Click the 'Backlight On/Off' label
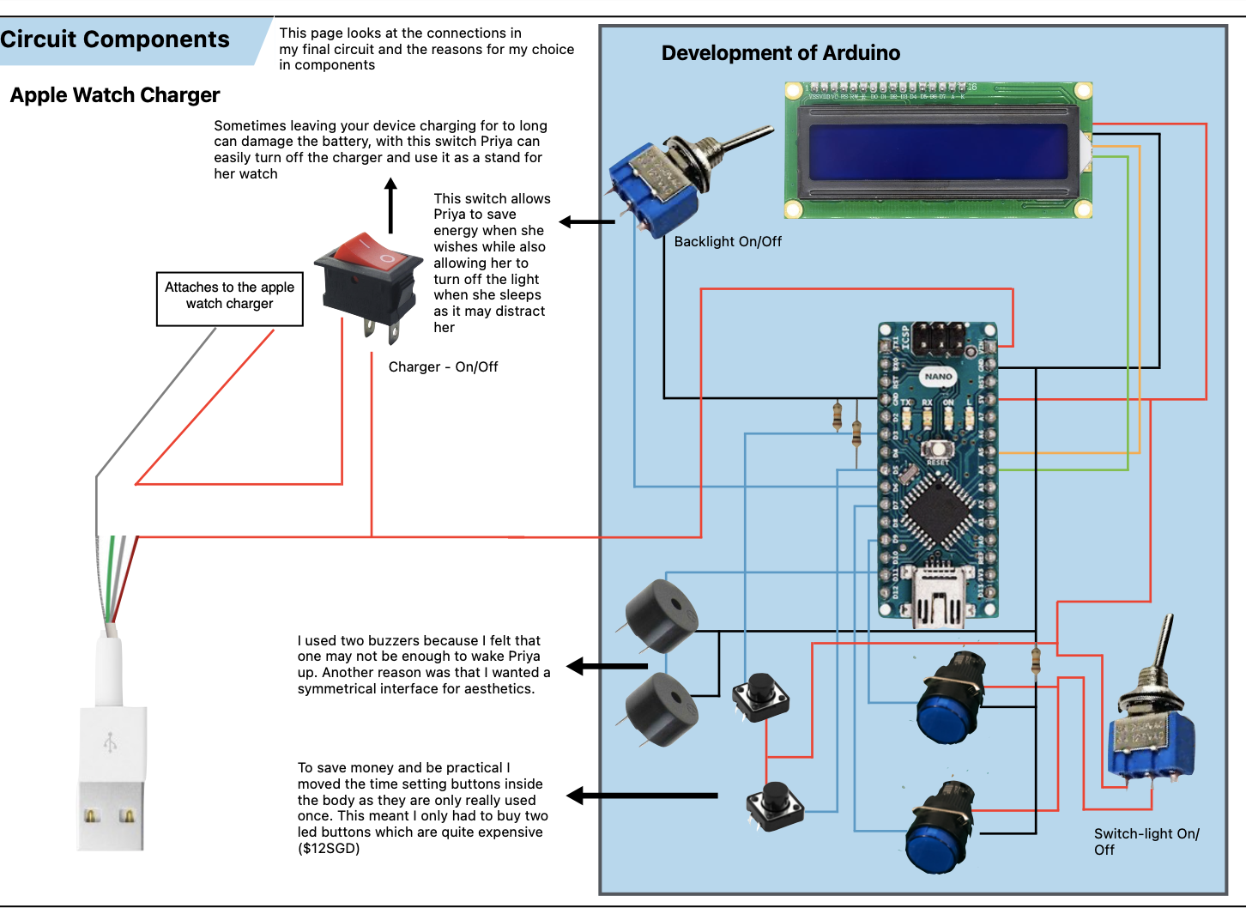728,242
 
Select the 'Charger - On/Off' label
443,367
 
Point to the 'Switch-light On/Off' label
1146,842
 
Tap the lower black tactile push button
775,805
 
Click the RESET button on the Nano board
938,449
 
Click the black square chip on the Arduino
937,513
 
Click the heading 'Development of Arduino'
780,53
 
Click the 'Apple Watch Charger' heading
115,95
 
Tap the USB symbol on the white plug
110,742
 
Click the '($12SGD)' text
329,849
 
